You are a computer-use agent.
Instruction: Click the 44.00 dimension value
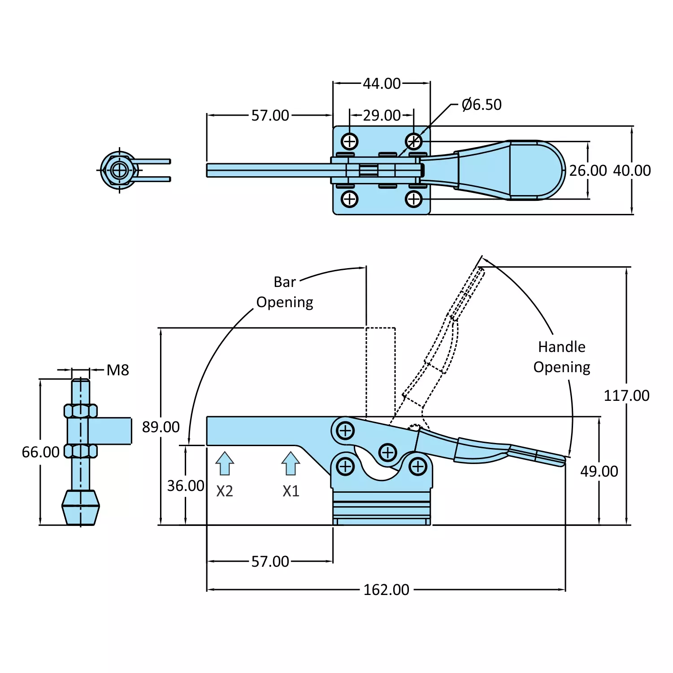pyautogui.click(x=382, y=83)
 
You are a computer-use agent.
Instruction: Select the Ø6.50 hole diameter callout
pyautogui.click(x=482, y=104)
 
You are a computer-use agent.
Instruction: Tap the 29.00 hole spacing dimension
pyautogui.click(x=382, y=115)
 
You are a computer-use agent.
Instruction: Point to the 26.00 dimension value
pyautogui.click(x=588, y=170)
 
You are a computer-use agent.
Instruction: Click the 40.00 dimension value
pyautogui.click(x=632, y=170)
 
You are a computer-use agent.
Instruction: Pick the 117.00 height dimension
pyautogui.click(x=626, y=395)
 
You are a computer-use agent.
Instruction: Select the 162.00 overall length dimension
pyautogui.click(x=386, y=590)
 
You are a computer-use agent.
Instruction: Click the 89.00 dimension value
pyautogui.click(x=161, y=427)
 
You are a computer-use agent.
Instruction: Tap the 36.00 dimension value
pyautogui.click(x=186, y=486)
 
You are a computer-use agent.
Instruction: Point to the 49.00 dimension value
pyautogui.click(x=599, y=471)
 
